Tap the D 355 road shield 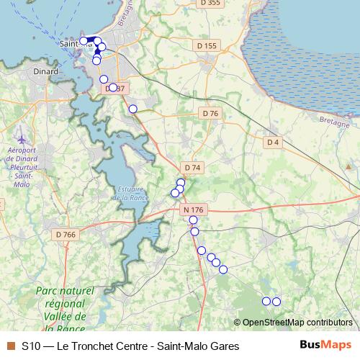click(210, 3)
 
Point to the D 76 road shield click(210, 114)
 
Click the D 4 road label click(272, 143)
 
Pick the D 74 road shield click(192, 168)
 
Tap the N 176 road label click(193, 210)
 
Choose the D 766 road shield click(66, 234)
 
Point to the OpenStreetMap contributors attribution click(297, 322)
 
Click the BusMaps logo click(325, 346)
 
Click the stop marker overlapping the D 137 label click(113, 88)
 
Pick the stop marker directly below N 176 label click(193, 220)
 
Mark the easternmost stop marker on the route click(276, 301)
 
